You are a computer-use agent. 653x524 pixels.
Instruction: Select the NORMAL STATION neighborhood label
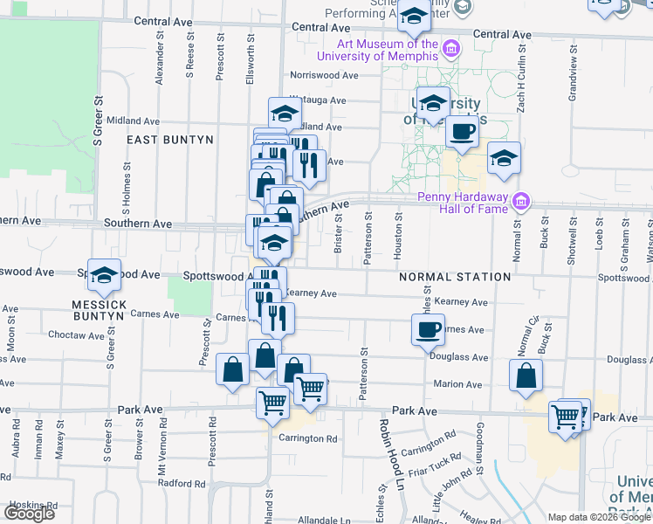454,277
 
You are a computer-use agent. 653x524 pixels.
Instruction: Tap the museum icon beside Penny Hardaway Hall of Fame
521,202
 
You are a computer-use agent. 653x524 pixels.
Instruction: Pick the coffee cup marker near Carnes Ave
428,329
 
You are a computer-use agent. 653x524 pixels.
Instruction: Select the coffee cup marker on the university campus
462,132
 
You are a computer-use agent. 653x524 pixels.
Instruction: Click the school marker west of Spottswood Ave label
104,274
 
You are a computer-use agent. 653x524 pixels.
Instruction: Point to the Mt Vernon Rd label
161,458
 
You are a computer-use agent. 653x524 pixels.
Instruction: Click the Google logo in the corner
30,513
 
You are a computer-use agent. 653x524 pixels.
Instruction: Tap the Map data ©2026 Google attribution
599,517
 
